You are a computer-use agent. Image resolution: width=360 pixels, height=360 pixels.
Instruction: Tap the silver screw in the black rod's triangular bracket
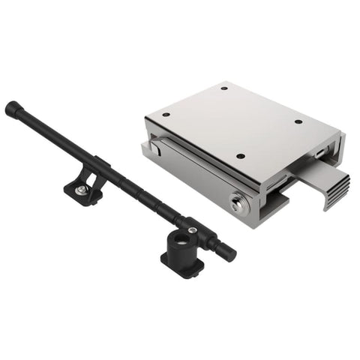pyautogui.click(x=79, y=192)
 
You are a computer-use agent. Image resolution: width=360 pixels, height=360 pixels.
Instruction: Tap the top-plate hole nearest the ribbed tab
pyautogui.click(x=298, y=122)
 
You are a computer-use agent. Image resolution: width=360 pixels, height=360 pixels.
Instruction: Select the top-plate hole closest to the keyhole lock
pyautogui.click(x=240, y=156)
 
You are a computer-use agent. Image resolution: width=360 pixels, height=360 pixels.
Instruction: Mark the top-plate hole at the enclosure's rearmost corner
pyautogui.click(x=224, y=88)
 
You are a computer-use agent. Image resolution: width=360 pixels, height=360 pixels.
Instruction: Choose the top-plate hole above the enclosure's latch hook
pyautogui.click(x=166, y=115)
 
